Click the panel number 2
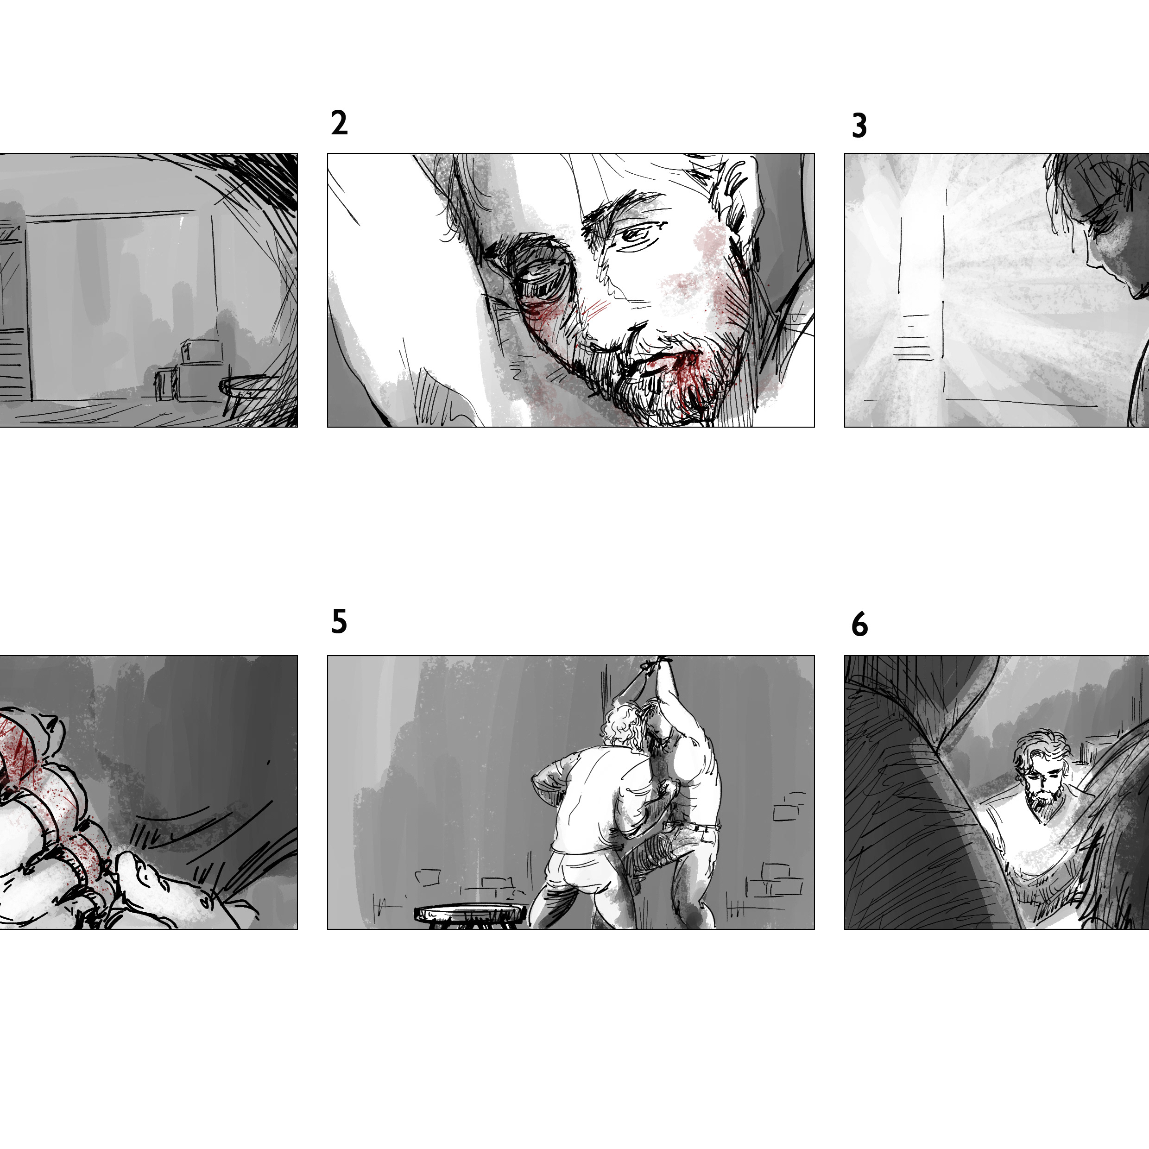pos(339,123)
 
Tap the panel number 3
pos(859,126)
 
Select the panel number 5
pos(339,622)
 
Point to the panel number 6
pos(860,625)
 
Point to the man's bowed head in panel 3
pos(1100,226)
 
